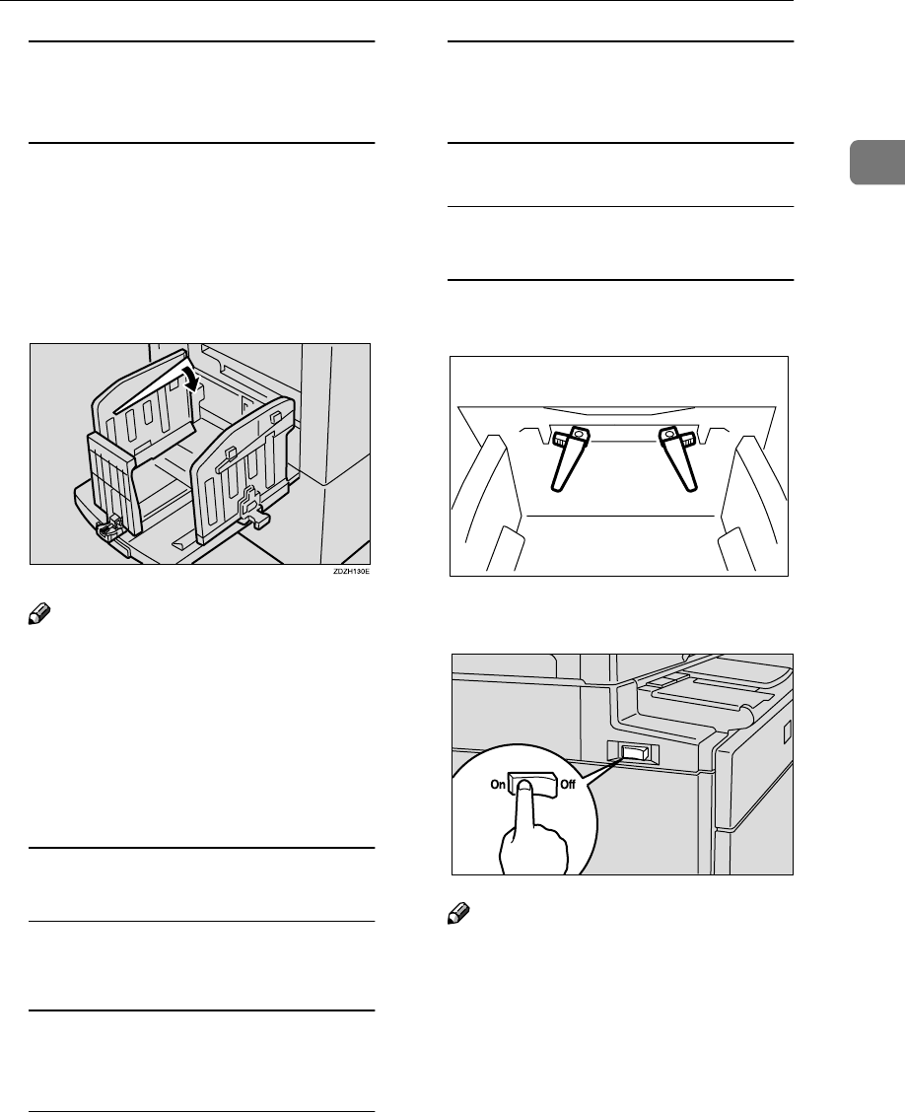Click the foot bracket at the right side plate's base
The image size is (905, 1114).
click(x=254, y=514)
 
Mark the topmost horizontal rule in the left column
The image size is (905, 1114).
click(x=202, y=42)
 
